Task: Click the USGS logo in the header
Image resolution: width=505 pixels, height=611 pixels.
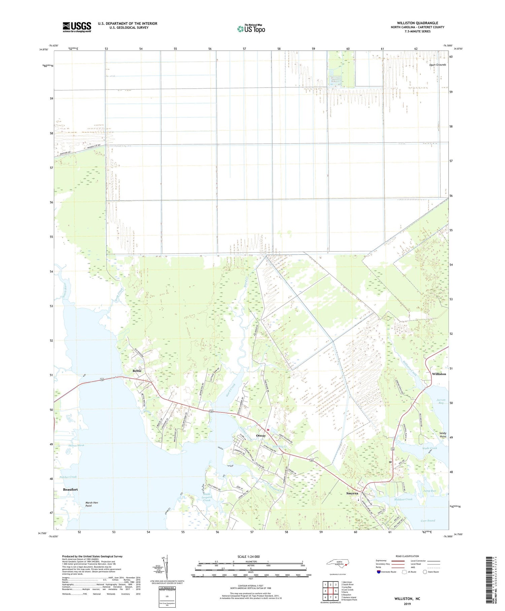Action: pyautogui.click(x=77, y=27)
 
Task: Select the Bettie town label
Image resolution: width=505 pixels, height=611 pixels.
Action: pyautogui.click(x=137, y=371)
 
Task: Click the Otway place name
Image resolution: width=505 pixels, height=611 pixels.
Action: pyautogui.click(x=261, y=435)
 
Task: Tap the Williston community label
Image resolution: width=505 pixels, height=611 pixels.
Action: pyautogui.click(x=439, y=374)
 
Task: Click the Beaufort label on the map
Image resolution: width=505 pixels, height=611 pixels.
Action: pyautogui.click(x=70, y=489)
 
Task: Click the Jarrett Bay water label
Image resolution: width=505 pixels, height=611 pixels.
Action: pyautogui.click(x=441, y=401)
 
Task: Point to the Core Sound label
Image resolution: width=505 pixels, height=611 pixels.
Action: pyautogui.click(x=428, y=521)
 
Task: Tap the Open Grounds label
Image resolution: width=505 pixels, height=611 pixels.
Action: pyautogui.click(x=437, y=65)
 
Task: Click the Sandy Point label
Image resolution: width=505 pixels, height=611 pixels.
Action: pyautogui.click(x=443, y=435)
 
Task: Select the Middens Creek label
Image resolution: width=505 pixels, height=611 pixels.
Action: pyautogui.click(x=403, y=499)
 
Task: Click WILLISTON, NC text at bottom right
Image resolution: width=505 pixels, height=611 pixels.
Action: pyautogui.click(x=407, y=599)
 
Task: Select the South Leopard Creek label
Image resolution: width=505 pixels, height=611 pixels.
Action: pyautogui.click(x=207, y=497)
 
